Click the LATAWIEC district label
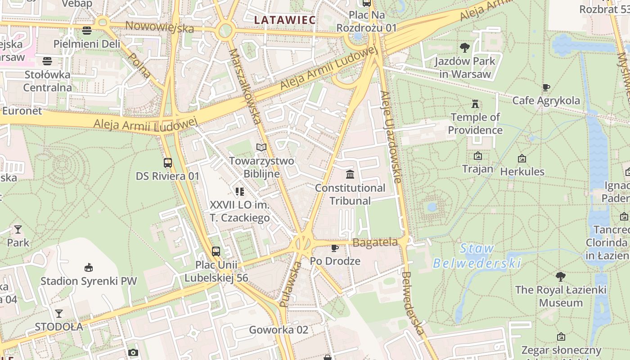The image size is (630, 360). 284,20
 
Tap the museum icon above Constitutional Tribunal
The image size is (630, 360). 350,174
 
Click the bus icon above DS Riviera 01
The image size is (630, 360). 167,163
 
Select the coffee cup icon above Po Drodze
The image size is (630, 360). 335,248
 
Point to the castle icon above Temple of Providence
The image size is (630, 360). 475,104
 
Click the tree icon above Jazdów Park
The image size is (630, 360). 465,47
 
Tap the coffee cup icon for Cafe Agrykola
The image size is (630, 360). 546,87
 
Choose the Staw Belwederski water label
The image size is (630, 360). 477,256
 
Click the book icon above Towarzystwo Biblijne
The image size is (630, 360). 261,147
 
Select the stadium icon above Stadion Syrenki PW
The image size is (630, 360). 89,268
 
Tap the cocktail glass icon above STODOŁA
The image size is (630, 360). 59,313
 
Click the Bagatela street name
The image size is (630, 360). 375,243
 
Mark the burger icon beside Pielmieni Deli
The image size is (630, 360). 87,31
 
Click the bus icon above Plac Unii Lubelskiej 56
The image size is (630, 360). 216,252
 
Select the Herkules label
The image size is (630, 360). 522,171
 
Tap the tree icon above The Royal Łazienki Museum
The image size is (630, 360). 560,276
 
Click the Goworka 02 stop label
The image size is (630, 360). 279,330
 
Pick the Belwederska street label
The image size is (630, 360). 413,303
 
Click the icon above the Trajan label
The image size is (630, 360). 478,156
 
